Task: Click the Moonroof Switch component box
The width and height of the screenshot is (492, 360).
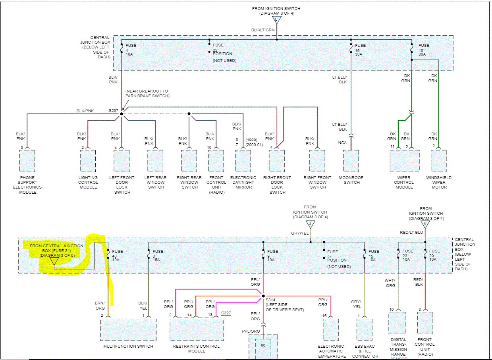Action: pyautogui.click(x=351, y=161)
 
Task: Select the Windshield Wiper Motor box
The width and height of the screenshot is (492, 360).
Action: pyautogui.click(x=439, y=161)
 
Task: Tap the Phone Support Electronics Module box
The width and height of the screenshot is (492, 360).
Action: pyautogui.click(x=27, y=161)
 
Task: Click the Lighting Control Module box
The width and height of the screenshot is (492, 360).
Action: pyautogui.click(x=88, y=161)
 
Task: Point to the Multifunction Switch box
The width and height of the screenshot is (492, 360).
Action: pyautogui.click(x=128, y=329)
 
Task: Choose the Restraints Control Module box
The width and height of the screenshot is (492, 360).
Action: pyautogui.click(x=197, y=329)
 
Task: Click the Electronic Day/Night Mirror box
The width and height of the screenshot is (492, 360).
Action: pyautogui.click(x=243, y=161)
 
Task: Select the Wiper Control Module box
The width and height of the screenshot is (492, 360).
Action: pyautogui.click(x=404, y=161)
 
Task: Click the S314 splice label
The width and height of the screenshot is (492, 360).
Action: pyautogui.click(x=271, y=300)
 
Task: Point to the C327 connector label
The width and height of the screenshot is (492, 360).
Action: pyautogui.click(x=226, y=313)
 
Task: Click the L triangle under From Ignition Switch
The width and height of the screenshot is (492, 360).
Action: pyautogui.click(x=276, y=19)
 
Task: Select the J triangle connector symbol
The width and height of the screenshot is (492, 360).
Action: pyautogui.click(x=310, y=224)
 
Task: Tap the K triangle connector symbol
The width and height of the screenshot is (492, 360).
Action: pyautogui.click(x=425, y=224)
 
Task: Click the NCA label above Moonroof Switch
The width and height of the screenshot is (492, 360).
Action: pyautogui.click(x=343, y=142)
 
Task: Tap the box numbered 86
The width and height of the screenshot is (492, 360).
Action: pyautogui.click(x=262, y=345)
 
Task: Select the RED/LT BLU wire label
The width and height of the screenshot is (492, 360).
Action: pyautogui.click(x=411, y=233)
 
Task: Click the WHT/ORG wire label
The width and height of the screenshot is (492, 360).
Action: pyautogui.click(x=391, y=283)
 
